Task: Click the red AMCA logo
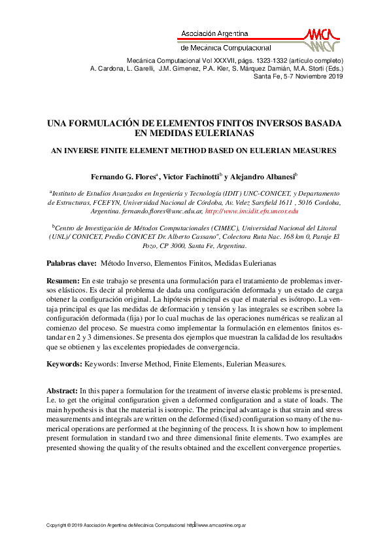[x=320, y=39]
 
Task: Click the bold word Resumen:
[x=63, y=280]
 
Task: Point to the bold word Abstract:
[x=62, y=390]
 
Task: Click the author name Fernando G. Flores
[x=122, y=177]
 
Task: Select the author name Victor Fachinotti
[x=189, y=177]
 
